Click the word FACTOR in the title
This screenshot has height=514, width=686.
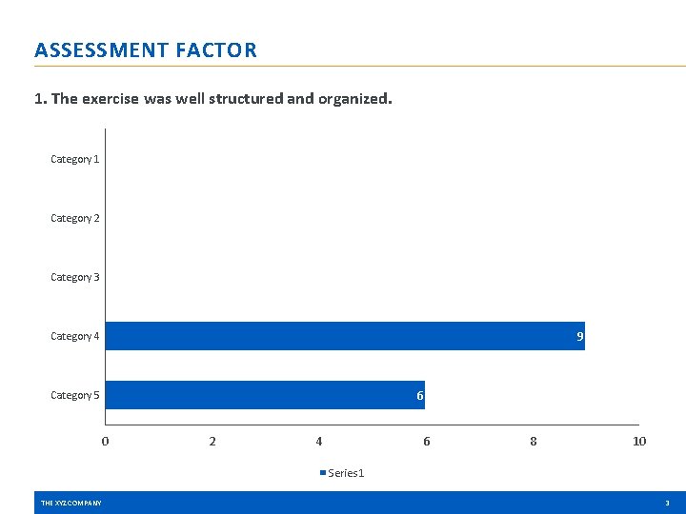(216, 50)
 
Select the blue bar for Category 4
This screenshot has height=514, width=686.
(343, 336)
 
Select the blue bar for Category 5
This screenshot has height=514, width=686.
(264, 395)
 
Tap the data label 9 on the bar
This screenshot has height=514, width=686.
(579, 337)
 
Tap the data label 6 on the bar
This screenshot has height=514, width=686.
(419, 396)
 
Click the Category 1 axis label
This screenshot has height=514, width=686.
(74, 159)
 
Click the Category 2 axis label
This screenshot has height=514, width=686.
(74, 218)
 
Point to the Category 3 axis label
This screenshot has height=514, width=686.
(74, 277)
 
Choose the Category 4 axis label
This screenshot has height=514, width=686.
(74, 336)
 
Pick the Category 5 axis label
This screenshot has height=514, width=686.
(74, 395)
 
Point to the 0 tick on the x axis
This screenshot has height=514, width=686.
(105, 441)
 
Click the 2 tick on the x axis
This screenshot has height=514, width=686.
(212, 441)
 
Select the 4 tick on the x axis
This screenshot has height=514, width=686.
(319, 441)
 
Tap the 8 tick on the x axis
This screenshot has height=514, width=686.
(533, 441)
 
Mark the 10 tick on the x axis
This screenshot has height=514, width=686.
(639, 441)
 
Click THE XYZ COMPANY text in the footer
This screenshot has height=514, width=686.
(71, 503)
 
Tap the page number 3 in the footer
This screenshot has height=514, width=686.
(667, 503)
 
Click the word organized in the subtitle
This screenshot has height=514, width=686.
(353, 99)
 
